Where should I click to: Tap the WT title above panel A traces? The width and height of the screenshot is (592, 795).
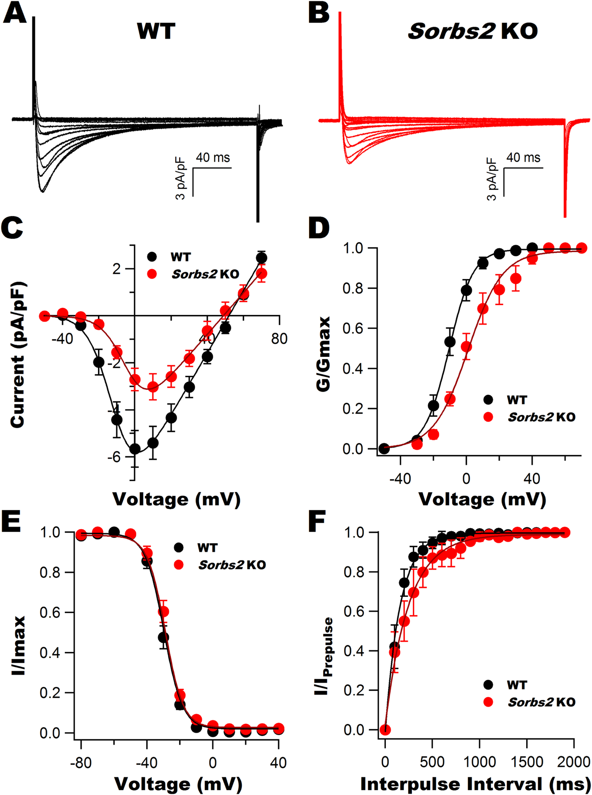pyautogui.click(x=156, y=31)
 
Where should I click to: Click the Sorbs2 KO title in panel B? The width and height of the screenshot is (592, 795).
pyautogui.click(x=472, y=31)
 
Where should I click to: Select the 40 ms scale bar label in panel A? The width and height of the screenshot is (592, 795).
pyautogui.click(x=213, y=158)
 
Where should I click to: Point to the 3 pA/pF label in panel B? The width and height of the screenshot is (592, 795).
pyautogui.click(x=492, y=179)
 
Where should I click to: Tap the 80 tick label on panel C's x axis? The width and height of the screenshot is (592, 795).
pyautogui.click(x=279, y=339)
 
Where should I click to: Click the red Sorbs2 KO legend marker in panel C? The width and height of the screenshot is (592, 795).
pyautogui.click(x=152, y=274)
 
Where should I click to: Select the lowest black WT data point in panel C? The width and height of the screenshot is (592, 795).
pyautogui.click(x=135, y=449)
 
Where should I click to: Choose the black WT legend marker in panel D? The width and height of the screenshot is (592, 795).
pyautogui.click(x=488, y=400)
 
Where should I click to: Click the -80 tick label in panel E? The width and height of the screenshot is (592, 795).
pyautogui.click(x=80, y=763)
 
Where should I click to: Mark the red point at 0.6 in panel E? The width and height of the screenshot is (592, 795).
pyautogui.click(x=163, y=611)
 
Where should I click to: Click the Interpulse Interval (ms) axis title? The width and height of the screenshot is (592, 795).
pyautogui.click(x=475, y=784)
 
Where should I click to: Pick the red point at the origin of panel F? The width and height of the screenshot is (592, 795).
pyautogui.click(x=385, y=730)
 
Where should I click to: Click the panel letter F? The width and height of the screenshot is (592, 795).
pyautogui.click(x=317, y=522)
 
